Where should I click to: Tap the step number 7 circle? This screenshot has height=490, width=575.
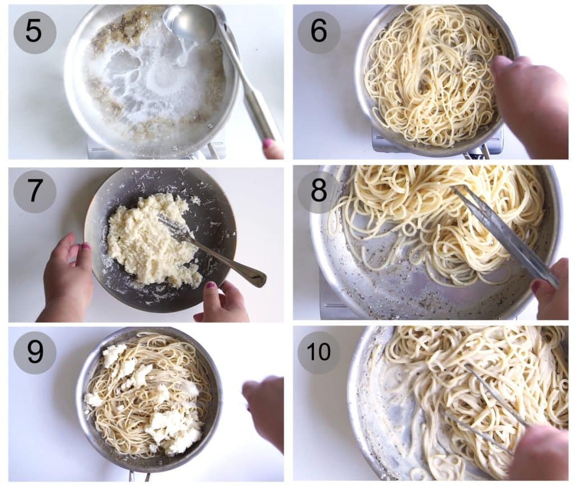tap(34, 192)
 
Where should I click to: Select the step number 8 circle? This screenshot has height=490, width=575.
tap(318, 192)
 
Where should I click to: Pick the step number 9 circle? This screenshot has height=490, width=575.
tap(34, 352)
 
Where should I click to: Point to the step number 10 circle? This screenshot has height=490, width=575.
tap(318, 352)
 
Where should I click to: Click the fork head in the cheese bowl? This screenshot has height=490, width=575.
tap(171, 228)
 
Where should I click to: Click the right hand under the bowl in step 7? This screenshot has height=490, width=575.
tap(225, 303)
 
